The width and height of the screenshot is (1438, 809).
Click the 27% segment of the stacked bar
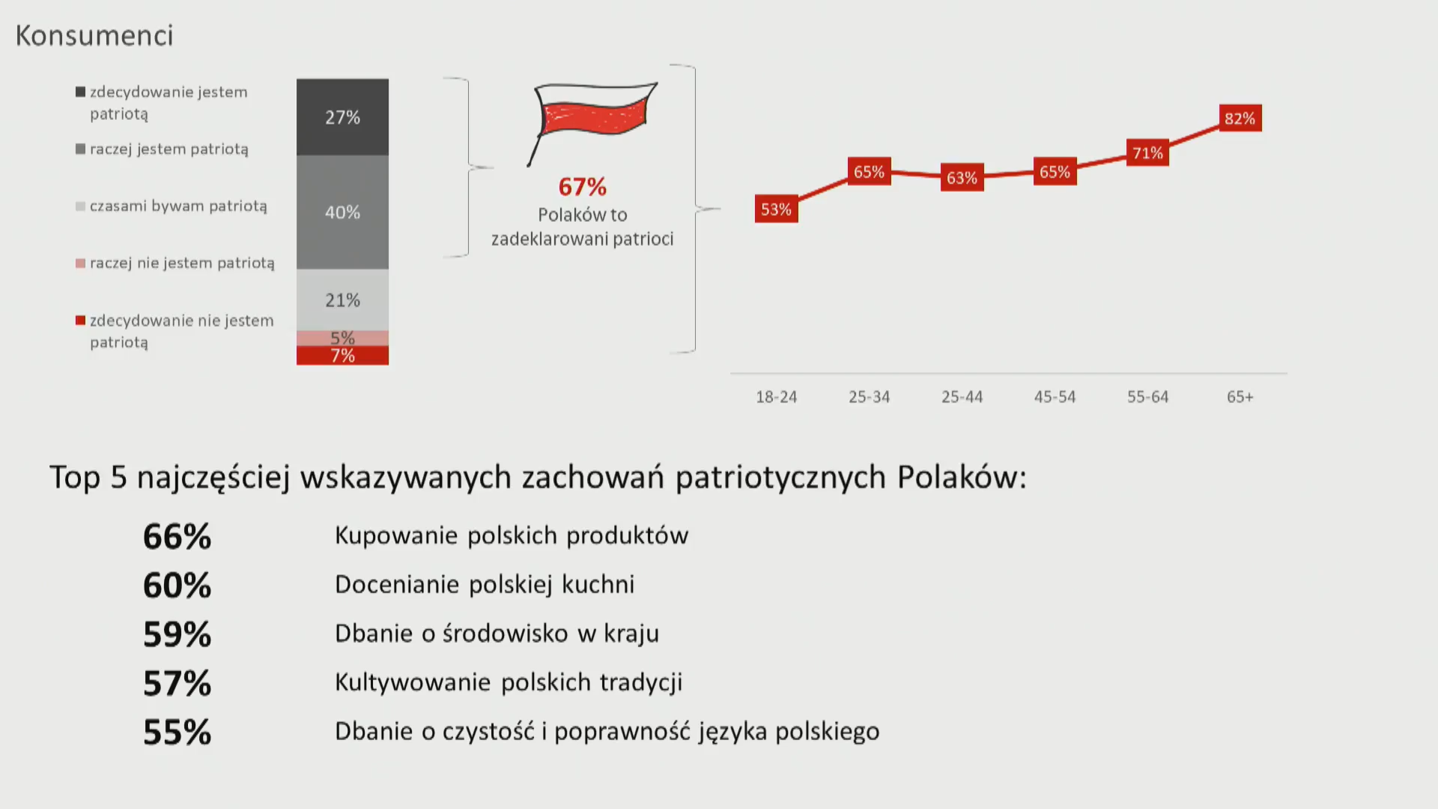click(x=342, y=117)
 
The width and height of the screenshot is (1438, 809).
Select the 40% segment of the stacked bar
click(x=342, y=212)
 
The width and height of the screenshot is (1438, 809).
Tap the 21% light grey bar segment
click(x=342, y=300)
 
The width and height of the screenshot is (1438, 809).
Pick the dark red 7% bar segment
click(x=342, y=356)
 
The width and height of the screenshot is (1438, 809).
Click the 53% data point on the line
click(x=776, y=209)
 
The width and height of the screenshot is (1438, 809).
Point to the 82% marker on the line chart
click(x=1240, y=118)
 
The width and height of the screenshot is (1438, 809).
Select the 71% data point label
click(x=1147, y=153)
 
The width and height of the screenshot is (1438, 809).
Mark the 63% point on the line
click(x=962, y=178)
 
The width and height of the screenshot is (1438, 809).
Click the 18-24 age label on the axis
click(x=776, y=397)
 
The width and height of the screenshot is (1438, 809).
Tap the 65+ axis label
click(x=1240, y=397)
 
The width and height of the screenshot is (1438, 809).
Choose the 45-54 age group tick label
click(x=1055, y=397)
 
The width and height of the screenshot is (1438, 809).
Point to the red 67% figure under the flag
click(x=583, y=187)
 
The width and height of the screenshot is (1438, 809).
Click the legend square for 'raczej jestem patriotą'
click(x=80, y=149)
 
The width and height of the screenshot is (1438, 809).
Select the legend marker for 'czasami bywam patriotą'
click(x=80, y=206)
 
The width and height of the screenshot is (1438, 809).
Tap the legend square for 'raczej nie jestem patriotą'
click(x=80, y=263)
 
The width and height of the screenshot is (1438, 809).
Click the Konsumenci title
click(x=94, y=35)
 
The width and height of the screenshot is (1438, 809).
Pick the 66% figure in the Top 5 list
click(x=178, y=536)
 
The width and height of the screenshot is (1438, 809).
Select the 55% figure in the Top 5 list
click(x=178, y=732)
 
